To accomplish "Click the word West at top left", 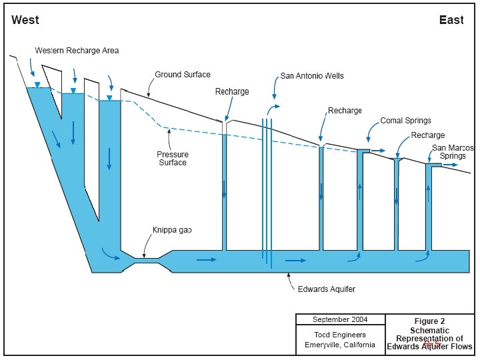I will point(25,20).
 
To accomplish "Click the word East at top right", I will point(451,20).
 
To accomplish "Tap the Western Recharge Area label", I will point(77,51).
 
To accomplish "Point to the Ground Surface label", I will point(183,75).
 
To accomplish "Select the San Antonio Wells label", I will point(312,76).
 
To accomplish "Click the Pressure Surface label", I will point(172,159).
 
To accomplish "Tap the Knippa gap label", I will point(173,230).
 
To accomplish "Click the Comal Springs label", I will point(406,121).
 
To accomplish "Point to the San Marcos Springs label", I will point(453,151).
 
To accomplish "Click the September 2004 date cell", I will point(340,319).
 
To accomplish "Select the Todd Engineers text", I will point(340,335).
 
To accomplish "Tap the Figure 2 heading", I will point(429,321).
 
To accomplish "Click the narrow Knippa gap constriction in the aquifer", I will point(147,258).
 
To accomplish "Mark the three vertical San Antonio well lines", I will point(267,190).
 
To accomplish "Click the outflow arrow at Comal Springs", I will point(378,151).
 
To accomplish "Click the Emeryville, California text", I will point(340,345).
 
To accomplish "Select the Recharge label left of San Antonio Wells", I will point(232,91).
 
